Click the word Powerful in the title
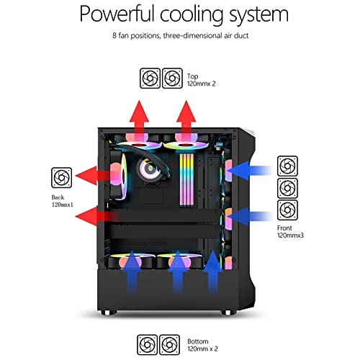[x=117, y=14]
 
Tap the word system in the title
[x=258, y=15]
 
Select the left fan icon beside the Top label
[x=150, y=78]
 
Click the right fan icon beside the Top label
[x=172, y=78]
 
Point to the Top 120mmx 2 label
[x=202, y=80]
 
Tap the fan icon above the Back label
[x=62, y=178]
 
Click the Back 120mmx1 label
[x=63, y=201]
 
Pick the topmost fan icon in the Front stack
[x=287, y=166]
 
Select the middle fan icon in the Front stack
[x=287, y=188]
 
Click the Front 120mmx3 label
[x=290, y=232]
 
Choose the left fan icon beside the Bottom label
[x=148, y=345]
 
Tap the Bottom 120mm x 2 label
[x=202, y=345]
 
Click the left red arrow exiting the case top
[x=139, y=120]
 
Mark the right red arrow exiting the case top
[x=186, y=120]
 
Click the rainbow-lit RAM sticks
[x=186, y=179]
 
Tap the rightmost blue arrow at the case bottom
[x=212, y=272]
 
